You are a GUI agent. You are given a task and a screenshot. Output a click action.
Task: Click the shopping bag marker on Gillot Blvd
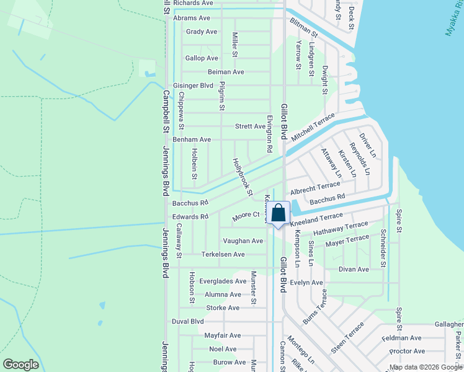coord(280,213)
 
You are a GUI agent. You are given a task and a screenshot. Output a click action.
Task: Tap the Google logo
coord(20,365)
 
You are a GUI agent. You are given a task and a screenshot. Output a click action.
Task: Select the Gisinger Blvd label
coord(193,86)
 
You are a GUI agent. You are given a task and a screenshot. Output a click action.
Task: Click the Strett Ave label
coord(250,126)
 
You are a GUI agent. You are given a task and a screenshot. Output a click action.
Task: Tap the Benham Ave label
coord(192,140)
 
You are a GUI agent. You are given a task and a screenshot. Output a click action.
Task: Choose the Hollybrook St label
coord(242,177)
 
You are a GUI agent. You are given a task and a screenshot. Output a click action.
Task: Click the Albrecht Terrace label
coord(315,187)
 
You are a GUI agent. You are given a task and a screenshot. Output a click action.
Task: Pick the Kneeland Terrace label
coord(316,218)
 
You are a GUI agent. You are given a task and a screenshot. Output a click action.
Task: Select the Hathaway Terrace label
coord(341,229)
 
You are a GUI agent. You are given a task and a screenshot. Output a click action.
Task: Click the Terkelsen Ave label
coord(223,255)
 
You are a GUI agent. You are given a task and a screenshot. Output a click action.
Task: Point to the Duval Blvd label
coord(188,322)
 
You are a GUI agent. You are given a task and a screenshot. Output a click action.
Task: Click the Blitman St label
coord(303,27)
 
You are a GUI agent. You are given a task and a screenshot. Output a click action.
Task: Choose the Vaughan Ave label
coord(243,241)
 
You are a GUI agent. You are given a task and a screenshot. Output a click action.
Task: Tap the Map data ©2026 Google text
coord(426,367)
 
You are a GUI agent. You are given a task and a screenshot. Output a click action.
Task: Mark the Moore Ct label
coord(246,215)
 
